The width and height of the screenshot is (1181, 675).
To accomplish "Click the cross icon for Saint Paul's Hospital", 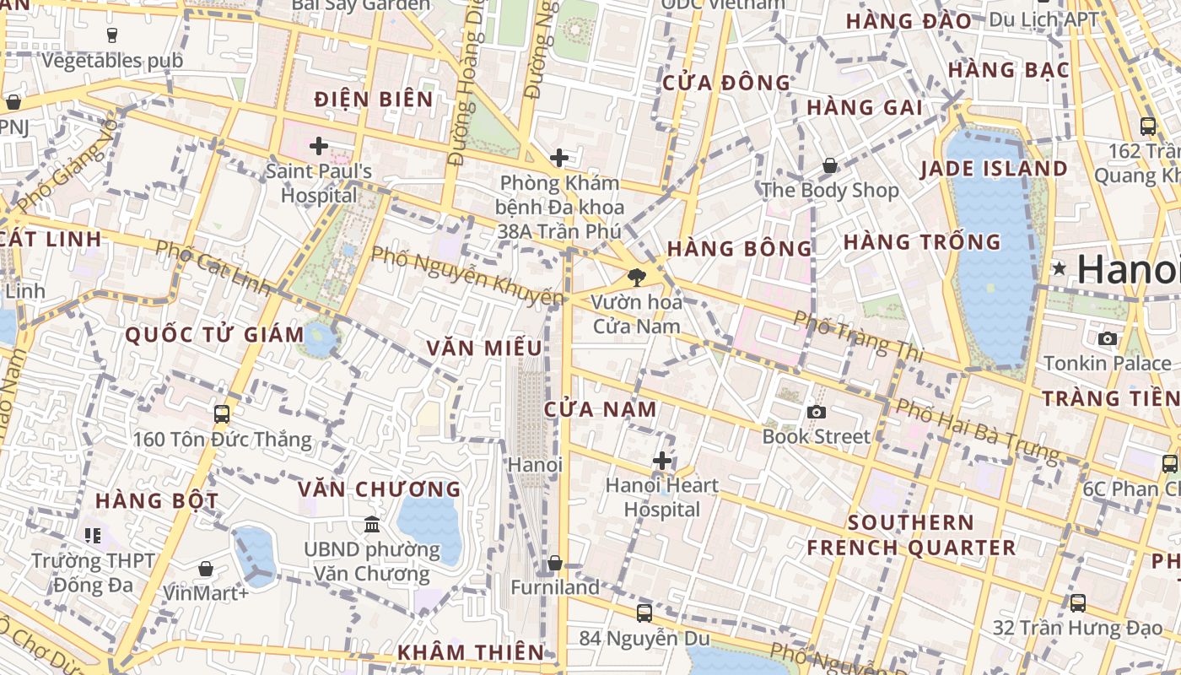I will point(318,147).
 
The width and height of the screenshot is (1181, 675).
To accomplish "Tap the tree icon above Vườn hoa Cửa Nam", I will point(637,277).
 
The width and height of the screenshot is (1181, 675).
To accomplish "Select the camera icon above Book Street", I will point(816,412).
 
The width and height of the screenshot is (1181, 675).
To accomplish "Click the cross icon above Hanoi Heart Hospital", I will point(662,461).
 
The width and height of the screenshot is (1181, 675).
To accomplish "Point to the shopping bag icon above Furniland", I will point(555,563).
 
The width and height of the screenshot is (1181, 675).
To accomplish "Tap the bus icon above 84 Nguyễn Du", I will point(644,613).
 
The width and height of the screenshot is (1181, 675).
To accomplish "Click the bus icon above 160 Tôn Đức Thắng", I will point(222,414).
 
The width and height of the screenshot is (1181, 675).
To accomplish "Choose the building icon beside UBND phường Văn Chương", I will point(371,525).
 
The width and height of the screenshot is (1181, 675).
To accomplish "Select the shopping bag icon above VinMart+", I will point(206,569).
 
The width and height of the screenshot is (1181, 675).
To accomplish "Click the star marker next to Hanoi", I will point(1059,269).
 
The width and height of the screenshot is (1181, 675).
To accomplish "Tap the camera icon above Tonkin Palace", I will point(1108,338).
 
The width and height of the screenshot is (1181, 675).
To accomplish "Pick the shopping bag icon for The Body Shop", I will point(830,165).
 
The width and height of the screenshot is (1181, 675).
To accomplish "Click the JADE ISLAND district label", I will point(994,169).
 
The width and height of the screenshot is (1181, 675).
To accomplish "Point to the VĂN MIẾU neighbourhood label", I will point(484,348).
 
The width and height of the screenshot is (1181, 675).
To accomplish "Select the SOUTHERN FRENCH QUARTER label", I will point(911,535).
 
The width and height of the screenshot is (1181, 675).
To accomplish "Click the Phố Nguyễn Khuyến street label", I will point(467,276).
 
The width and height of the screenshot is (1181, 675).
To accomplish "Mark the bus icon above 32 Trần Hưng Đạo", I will point(1077,603).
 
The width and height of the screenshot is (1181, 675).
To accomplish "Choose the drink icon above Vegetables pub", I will point(112,35).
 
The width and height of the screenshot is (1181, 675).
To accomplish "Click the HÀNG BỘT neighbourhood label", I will point(157,500).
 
